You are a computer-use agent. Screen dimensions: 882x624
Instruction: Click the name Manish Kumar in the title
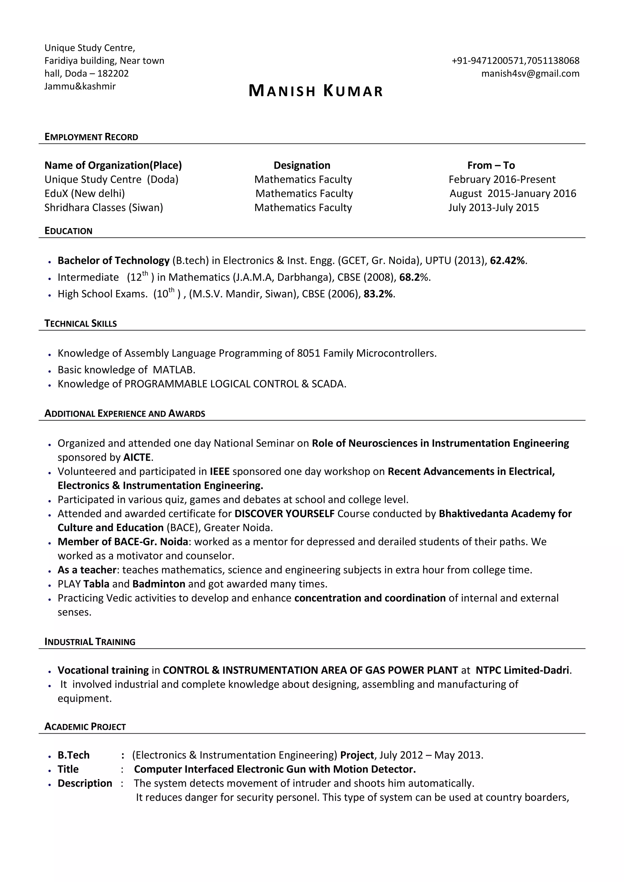click(316, 91)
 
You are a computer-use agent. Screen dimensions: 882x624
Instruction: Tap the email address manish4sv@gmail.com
click(530, 73)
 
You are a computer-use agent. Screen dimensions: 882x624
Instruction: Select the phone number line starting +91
click(515, 61)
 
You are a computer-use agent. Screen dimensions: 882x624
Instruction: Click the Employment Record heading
click(91, 137)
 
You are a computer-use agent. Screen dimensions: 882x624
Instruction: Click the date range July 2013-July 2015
click(493, 207)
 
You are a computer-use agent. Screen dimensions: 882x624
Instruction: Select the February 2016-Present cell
click(502, 179)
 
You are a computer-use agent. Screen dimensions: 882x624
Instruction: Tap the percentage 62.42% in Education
click(507, 260)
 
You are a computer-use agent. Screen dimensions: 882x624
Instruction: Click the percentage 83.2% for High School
click(378, 294)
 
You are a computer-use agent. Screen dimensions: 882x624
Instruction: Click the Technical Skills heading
click(80, 323)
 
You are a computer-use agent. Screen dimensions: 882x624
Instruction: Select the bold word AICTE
click(137, 457)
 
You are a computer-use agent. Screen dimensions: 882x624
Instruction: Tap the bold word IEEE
click(219, 471)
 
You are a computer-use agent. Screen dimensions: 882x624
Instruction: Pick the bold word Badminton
click(159, 584)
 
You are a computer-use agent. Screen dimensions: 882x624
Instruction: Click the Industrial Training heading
click(90, 642)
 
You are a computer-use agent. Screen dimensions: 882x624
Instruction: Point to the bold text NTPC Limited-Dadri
click(522, 670)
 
